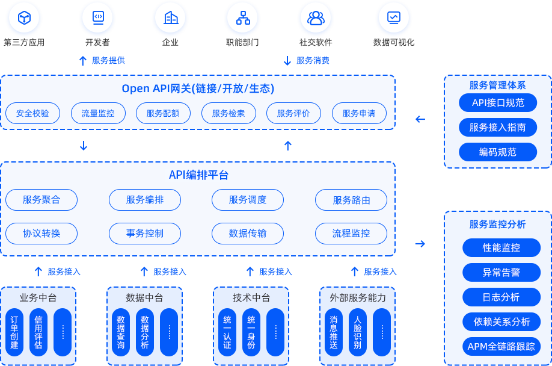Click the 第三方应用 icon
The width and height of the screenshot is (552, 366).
[x=24, y=17]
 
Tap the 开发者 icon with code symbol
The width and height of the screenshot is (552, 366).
[x=97, y=17]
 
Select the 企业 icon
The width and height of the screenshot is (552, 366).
[x=170, y=17]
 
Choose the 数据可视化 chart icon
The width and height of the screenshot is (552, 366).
[x=394, y=17]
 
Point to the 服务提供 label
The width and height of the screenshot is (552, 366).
[x=108, y=60]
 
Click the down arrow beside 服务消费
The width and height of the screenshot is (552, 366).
[x=287, y=61]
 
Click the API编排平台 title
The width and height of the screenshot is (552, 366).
[x=198, y=175]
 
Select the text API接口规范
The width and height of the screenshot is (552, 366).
[x=498, y=103]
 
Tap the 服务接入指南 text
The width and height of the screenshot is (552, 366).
[x=498, y=128]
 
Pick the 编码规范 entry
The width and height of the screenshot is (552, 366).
[x=498, y=152]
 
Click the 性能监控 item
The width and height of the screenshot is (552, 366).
[x=501, y=248]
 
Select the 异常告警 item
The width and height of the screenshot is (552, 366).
[x=501, y=273]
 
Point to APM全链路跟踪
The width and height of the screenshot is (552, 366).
[x=501, y=347]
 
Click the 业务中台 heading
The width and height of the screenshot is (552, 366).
[x=38, y=298]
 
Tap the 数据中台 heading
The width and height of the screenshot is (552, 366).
[x=144, y=298]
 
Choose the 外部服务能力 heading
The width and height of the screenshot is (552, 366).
[x=358, y=298]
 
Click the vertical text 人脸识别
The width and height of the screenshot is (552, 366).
[x=358, y=332]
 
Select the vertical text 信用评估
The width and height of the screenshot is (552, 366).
[x=38, y=332]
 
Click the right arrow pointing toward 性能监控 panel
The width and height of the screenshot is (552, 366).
[x=420, y=244]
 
